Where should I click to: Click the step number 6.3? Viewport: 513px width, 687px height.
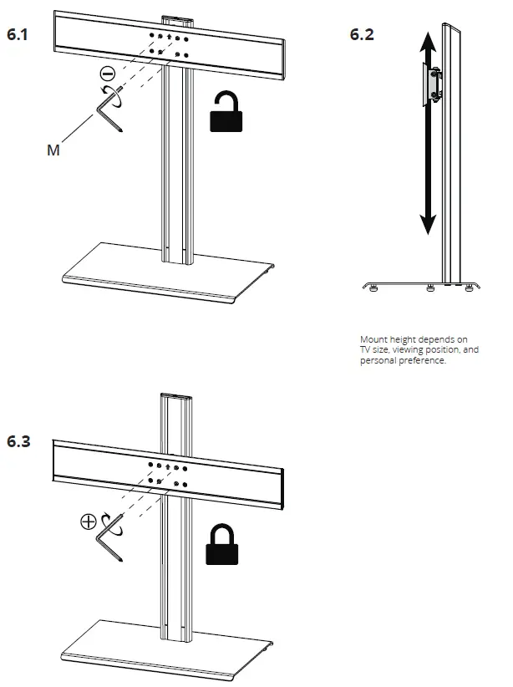[x=19, y=441]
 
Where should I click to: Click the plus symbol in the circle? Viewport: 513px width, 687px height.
[x=87, y=522]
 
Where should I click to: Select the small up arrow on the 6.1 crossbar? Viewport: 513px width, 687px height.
[x=169, y=38]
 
